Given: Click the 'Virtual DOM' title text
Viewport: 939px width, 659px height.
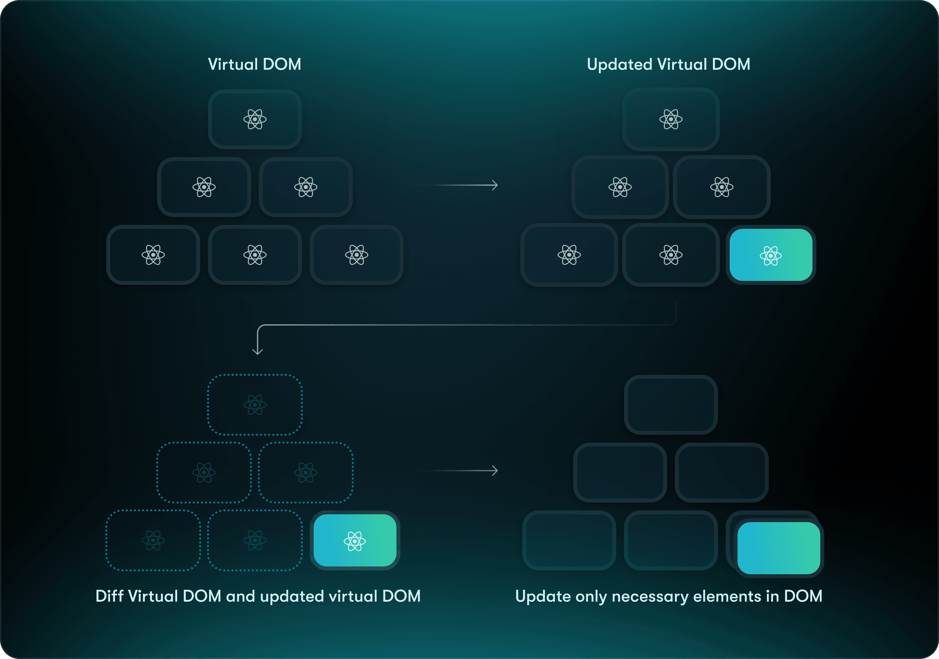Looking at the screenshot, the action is [x=254, y=64].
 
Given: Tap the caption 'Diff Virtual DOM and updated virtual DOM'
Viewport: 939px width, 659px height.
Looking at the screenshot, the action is [x=258, y=596].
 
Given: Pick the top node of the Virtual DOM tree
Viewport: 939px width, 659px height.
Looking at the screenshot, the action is [x=255, y=119].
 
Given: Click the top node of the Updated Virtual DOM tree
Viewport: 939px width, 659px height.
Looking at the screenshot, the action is [x=671, y=119].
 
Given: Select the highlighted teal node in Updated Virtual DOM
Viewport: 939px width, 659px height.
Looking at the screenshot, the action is [x=771, y=255].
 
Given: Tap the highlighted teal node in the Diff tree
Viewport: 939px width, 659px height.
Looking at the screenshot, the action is [x=355, y=540].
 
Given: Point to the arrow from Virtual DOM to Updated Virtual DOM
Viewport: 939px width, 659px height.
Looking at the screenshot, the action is [x=457, y=185].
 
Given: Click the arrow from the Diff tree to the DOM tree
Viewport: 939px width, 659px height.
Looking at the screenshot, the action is [x=457, y=471].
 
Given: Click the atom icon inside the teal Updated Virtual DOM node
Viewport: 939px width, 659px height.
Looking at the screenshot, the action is [x=771, y=256].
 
